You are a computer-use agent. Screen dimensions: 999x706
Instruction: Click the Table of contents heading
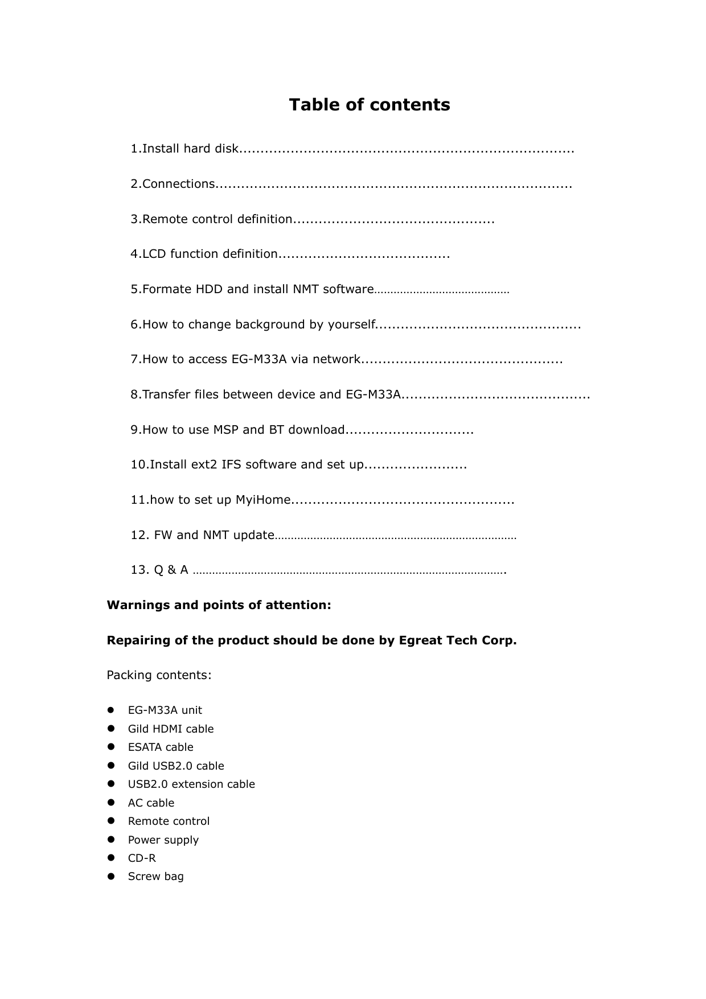point(369,105)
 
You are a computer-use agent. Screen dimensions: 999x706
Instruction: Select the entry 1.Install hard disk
point(184,149)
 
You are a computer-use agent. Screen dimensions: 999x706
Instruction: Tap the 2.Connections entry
point(173,184)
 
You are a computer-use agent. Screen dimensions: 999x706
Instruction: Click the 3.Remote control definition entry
point(211,219)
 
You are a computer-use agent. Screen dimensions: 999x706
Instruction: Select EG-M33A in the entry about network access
point(259,359)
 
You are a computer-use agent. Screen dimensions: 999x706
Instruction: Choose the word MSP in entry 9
point(225,430)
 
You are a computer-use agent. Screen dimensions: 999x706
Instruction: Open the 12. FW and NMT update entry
point(203,535)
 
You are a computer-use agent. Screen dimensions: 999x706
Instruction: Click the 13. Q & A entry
point(159,570)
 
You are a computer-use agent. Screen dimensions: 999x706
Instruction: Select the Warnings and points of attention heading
point(219,605)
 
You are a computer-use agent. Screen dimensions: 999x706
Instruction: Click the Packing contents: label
point(159,675)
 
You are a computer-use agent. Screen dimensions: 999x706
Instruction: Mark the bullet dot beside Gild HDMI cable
point(111,729)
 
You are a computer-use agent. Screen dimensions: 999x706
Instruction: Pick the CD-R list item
point(142,858)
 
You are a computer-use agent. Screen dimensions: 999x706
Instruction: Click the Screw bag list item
point(155,877)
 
